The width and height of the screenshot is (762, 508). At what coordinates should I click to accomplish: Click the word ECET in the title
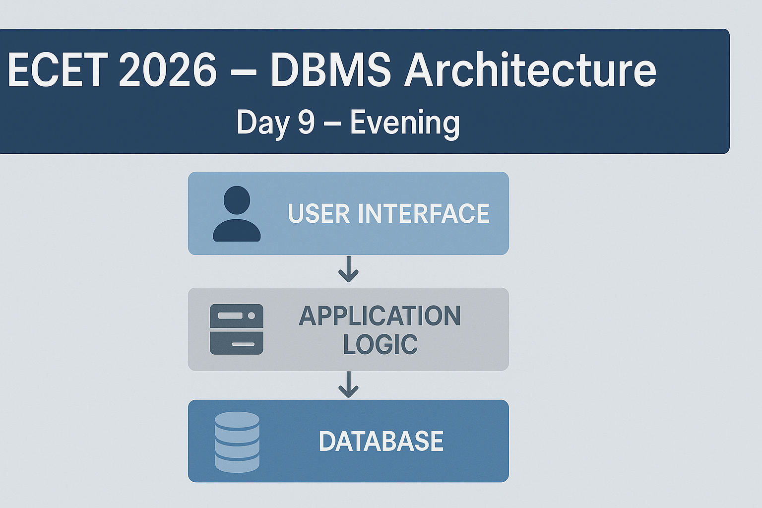(x=56, y=70)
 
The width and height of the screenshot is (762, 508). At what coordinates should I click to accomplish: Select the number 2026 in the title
(x=167, y=70)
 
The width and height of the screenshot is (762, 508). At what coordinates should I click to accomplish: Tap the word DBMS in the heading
(x=331, y=70)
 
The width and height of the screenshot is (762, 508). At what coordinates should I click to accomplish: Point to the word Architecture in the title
(x=530, y=69)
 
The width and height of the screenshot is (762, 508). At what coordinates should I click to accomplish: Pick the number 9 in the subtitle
(x=306, y=122)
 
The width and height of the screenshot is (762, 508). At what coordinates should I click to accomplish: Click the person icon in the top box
(x=237, y=214)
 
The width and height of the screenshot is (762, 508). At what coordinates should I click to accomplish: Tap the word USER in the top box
(x=319, y=213)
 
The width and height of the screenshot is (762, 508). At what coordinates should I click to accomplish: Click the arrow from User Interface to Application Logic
(x=348, y=269)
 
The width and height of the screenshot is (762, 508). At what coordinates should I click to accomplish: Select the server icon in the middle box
(x=237, y=329)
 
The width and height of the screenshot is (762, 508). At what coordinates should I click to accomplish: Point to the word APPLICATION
(x=380, y=316)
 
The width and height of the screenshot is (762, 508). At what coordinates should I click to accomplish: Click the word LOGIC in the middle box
(x=381, y=344)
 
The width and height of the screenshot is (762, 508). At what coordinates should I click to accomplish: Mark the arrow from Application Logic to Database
(x=348, y=384)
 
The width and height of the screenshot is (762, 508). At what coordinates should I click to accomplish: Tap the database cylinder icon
(x=237, y=443)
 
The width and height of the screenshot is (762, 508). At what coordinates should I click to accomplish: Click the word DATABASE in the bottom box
(x=381, y=441)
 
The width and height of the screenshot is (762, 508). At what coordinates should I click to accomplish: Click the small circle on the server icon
(x=252, y=316)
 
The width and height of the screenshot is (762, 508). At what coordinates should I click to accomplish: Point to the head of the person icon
(x=237, y=200)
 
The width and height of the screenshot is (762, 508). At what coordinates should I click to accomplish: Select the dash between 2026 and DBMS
(x=243, y=72)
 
